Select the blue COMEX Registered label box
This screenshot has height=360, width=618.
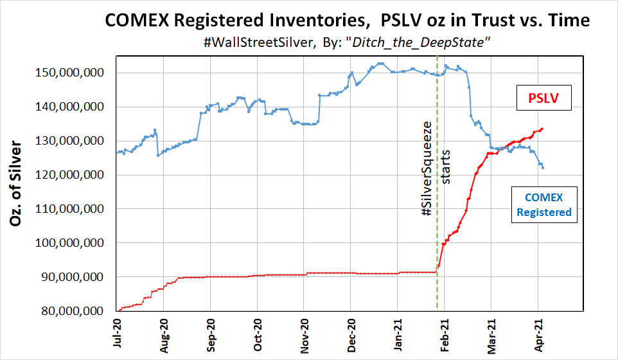tap(543, 204)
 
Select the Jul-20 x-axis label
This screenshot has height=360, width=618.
tap(118, 334)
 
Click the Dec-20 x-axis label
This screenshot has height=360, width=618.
tap(351, 334)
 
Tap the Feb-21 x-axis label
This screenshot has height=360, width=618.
tap(445, 334)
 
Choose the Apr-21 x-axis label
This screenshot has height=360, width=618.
tap(538, 334)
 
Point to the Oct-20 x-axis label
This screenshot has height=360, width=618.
tap(258, 334)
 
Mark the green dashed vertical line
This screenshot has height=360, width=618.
tap(437, 193)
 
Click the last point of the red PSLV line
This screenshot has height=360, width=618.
tap(543, 129)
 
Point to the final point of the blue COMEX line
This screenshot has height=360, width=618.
tap(543, 168)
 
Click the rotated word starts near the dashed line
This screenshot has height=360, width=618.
tap(446, 167)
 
